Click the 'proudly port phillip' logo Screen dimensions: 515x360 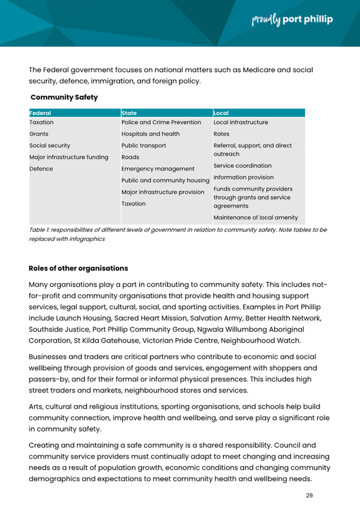click(x=291, y=20)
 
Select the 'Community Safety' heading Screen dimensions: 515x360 click(x=64, y=97)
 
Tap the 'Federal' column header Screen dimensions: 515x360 click(x=40, y=113)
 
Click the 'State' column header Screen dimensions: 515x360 click(x=130, y=113)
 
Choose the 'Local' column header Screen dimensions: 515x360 click(x=221, y=113)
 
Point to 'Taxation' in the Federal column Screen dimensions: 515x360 click(x=42, y=122)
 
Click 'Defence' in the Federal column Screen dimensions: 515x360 click(x=41, y=168)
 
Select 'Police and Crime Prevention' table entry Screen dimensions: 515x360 click(x=161, y=122)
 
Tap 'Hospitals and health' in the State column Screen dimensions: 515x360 click(x=151, y=134)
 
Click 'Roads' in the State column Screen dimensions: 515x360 click(x=130, y=157)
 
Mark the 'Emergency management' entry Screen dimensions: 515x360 click(x=158, y=168)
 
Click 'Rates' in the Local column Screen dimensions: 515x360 click(x=221, y=134)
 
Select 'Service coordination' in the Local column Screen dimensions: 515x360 click(x=242, y=165)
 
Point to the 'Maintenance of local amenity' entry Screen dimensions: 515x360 click(x=256, y=216)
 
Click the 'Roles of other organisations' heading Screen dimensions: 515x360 click(x=78, y=268)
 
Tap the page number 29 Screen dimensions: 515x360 click(x=309, y=495)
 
